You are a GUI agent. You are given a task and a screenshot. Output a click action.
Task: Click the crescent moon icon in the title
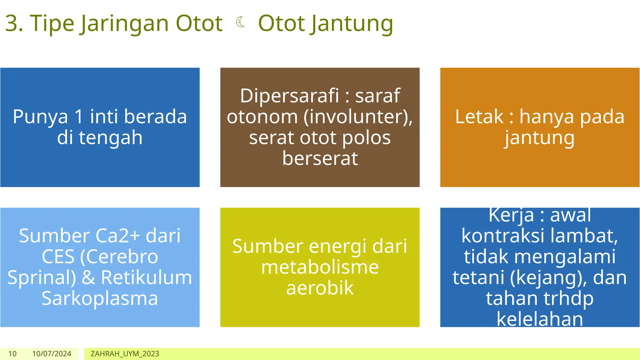point(240,22)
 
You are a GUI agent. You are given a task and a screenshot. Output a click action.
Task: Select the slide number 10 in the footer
point(12,354)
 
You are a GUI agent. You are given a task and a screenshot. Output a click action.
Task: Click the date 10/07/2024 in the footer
point(52,354)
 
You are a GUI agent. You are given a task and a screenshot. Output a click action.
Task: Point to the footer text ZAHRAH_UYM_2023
point(125,354)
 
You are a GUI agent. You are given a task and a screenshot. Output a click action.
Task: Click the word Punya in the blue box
point(40,117)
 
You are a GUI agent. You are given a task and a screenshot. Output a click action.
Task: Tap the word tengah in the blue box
point(111,138)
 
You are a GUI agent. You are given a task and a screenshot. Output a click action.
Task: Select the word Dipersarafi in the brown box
point(289,96)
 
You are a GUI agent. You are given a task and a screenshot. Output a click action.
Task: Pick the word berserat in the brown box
point(320,158)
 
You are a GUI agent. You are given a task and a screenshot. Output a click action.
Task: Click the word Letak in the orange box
point(479,117)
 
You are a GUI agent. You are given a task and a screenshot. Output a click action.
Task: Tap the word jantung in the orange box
point(540,138)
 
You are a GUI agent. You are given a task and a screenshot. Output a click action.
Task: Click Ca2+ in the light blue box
point(117,236)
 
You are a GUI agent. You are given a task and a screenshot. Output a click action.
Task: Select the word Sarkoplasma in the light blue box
point(100,298)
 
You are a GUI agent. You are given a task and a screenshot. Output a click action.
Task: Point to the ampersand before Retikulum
point(88,277)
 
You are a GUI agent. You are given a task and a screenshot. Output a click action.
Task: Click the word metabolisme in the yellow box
point(320,267)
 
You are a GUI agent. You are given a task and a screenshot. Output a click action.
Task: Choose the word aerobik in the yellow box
point(320,288)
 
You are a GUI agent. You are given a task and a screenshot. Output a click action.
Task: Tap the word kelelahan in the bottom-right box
point(540,319)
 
